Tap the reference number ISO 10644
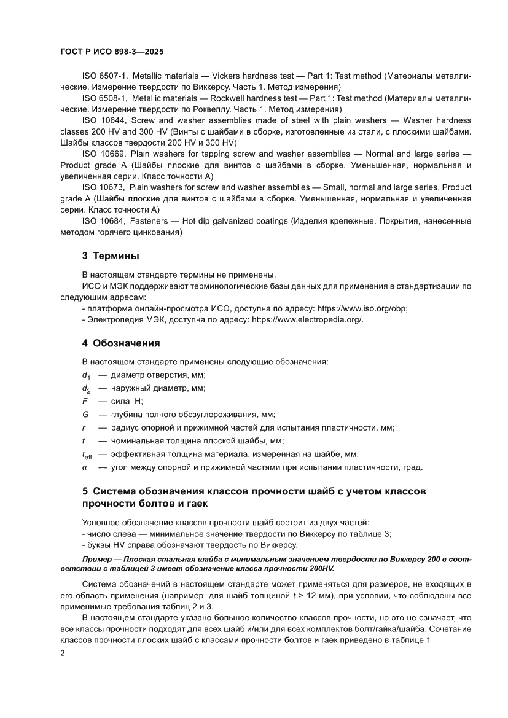pyautogui.click(x=104, y=120)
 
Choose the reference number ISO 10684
pyautogui.click(x=104, y=221)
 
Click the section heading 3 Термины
pyautogui.click(x=111, y=256)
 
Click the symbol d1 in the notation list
pyautogui.click(x=86, y=376)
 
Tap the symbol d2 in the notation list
pyautogui.click(x=86, y=389)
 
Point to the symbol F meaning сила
pyautogui.click(x=84, y=401)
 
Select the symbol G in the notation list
pyautogui.click(x=85, y=415)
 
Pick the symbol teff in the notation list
pyautogui.click(x=88, y=455)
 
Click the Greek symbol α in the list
pyautogui.click(x=85, y=467)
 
